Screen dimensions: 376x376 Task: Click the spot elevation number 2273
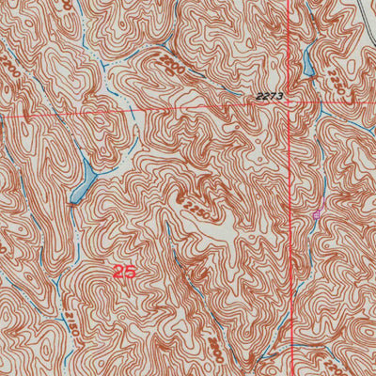269,96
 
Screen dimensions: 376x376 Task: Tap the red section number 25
123,272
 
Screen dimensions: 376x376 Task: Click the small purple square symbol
316,214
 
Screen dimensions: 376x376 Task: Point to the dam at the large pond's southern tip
72,200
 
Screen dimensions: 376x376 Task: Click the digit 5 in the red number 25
130,272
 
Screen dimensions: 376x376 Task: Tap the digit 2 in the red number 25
117,272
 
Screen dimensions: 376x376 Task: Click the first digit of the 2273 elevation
257,96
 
